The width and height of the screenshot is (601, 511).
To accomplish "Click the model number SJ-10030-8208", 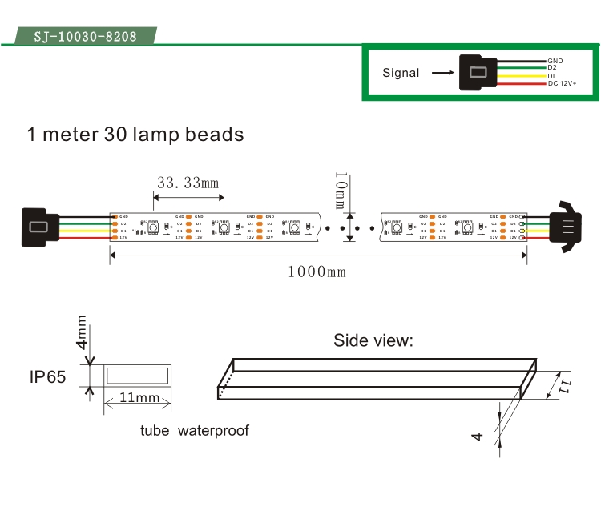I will click(x=85, y=37).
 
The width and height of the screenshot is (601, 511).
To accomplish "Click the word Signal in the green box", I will click(x=401, y=73).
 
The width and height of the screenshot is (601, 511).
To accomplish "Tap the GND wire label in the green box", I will click(x=555, y=61).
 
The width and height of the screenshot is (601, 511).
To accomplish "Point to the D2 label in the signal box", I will click(x=552, y=68).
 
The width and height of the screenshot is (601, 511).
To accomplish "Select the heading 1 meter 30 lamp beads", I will click(x=135, y=134).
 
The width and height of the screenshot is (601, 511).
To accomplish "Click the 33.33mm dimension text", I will click(x=188, y=183).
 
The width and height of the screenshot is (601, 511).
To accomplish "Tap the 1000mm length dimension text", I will click(x=317, y=272).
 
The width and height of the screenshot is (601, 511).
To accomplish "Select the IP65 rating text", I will click(x=47, y=376).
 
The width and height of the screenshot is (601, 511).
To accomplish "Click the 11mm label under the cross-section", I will click(x=138, y=398).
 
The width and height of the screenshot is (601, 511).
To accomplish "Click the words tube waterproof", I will click(x=194, y=431).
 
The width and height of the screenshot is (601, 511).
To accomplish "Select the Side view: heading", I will click(x=373, y=340).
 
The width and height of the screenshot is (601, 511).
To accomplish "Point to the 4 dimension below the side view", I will click(x=478, y=437).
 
